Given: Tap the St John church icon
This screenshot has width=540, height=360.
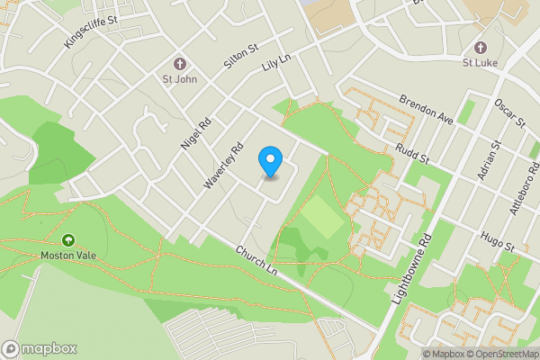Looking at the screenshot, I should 179,64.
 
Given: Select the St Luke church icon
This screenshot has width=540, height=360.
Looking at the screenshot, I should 480,47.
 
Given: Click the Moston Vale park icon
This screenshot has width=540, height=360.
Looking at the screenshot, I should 68,240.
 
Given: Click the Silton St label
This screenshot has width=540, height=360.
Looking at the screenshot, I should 240,58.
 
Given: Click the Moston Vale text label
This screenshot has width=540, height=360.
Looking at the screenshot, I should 68,256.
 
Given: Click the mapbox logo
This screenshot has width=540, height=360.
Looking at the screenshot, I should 40,348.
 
